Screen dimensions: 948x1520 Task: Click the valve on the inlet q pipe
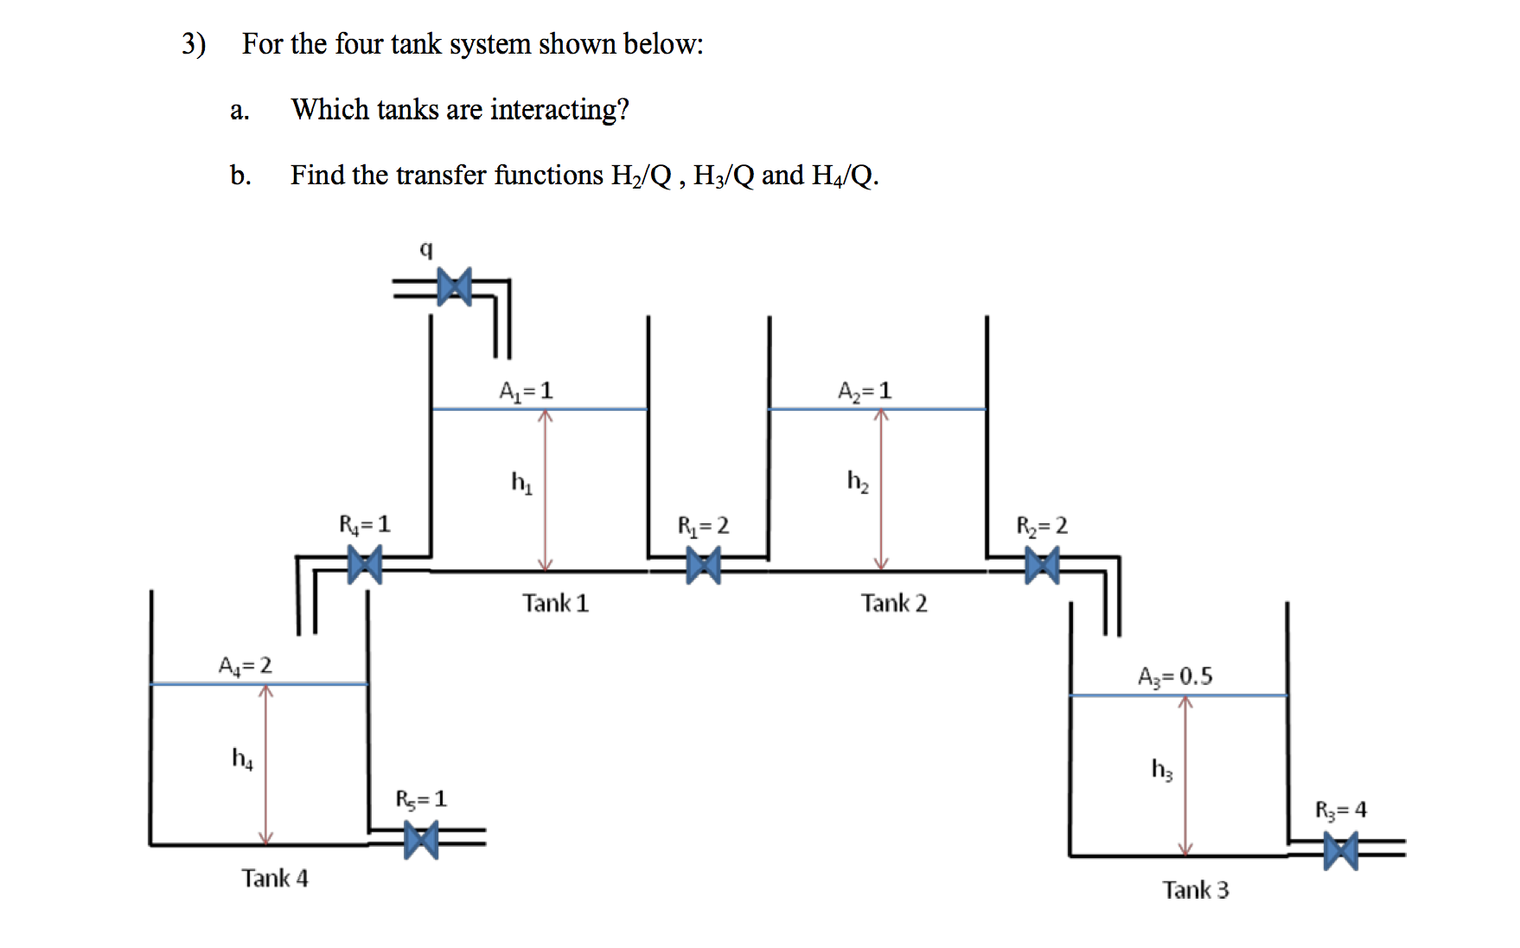click(x=454, y=287)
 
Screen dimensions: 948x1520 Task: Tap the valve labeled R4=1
click(x=364, y=567)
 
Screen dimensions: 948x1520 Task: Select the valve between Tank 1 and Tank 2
click(x=703, y=567)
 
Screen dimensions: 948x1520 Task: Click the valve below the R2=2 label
click(x=1042, y=567)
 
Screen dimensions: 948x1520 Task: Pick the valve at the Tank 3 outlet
click(x=1340, y=851)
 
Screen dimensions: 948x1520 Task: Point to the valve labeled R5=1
click(x=421, y=840)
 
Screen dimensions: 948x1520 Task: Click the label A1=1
click(x=526, y=391)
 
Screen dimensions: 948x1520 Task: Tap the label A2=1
click(x=864, y=391)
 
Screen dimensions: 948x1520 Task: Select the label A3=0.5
click(x=1175, y=676)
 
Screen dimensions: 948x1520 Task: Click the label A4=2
click(x=245, y=665)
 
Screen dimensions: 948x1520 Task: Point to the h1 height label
click(x=521, y=482)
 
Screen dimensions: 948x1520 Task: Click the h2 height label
click(x=858, y=481)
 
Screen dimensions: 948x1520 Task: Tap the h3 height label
click(x=1162, y=769)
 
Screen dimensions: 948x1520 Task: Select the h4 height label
click(x=242, y=759)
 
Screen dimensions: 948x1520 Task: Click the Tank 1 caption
click(x=555, y=603)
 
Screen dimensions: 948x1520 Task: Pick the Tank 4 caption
click(x=275, y=879)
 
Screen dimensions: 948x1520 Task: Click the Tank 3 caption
click(x=1195, y=890)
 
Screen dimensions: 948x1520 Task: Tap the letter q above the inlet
click(x=425, y=249)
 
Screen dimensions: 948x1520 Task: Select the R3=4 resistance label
click(x=1340, y=810)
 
